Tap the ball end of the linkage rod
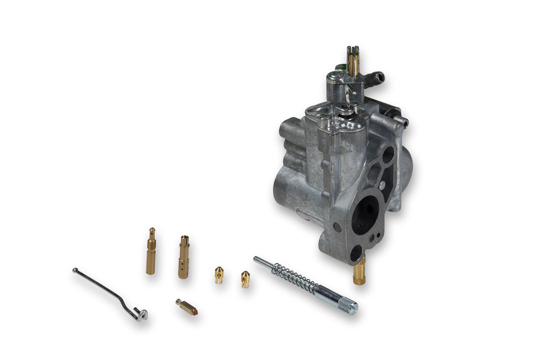coord(75,270)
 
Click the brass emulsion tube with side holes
coord(184,256)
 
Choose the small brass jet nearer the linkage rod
coord(219,274)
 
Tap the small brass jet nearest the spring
coord(245,278)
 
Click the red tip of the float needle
coord(195,311)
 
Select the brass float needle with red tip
coord(186,306)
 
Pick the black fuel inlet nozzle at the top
coord(375,77)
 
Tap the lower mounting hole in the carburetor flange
coord(356,253)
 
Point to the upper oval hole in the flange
coord(388,155)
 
